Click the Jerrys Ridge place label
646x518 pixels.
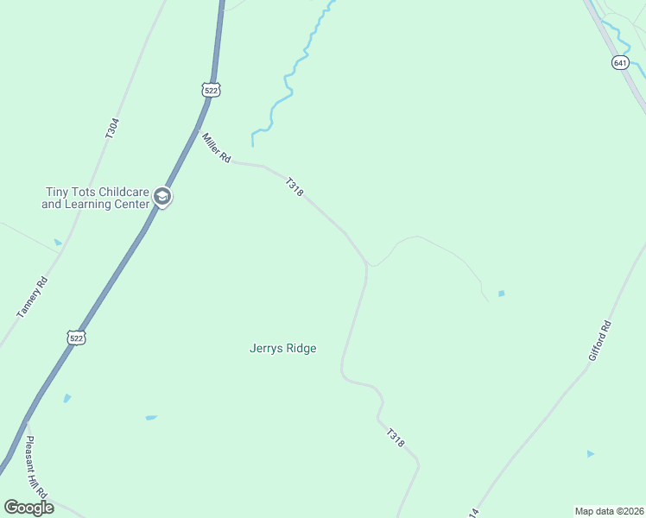pos(282,349)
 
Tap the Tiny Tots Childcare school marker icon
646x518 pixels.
pos(161,199)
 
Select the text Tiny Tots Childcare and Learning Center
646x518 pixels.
pos(95,199)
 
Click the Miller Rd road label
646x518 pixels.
pos(216,147)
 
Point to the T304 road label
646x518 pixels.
pos(111,129)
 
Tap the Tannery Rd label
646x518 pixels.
pos(33,297)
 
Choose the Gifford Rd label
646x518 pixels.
pos(599,340)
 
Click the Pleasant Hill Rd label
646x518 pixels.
pos(36,466)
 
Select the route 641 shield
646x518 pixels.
pos(620,63)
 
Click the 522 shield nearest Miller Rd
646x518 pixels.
pos(211,90)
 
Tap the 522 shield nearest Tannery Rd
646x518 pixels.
pos(77,338)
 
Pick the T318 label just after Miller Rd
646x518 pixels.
pos(294,186)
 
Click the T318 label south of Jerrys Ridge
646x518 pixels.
pos(396,438)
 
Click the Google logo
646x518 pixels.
pos(28,507)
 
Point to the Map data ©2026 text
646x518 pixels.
pos(608,510)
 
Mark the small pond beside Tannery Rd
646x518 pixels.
pos(58,243)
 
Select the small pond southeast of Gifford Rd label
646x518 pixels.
pos(591,453)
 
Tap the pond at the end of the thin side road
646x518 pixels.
pos(501,294)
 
